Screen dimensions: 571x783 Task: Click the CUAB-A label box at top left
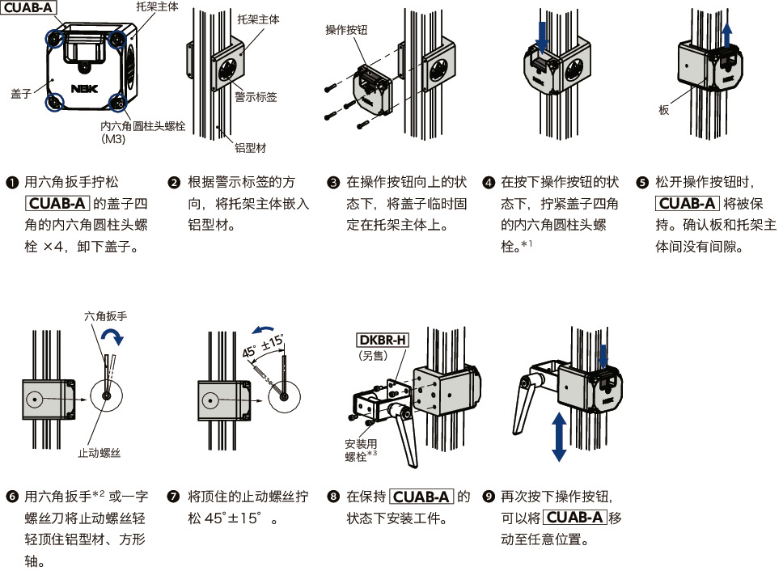[28, 9]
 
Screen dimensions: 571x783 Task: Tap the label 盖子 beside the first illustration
[20, 94]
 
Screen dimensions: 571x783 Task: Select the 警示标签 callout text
[256, 97]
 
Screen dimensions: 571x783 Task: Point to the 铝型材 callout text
[251, 149]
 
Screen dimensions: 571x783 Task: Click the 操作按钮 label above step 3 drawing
[346, 30]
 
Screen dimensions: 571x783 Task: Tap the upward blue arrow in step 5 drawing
[727, 36]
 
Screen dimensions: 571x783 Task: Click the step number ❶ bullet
[12, 182]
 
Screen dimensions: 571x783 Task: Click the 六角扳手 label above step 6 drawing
[104, 318]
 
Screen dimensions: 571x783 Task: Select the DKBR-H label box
[383, 339]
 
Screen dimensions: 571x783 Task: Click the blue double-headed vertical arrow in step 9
[558, 435]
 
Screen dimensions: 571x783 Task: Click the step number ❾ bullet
[488, 496]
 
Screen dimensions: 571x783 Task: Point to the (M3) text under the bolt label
[113, 139]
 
